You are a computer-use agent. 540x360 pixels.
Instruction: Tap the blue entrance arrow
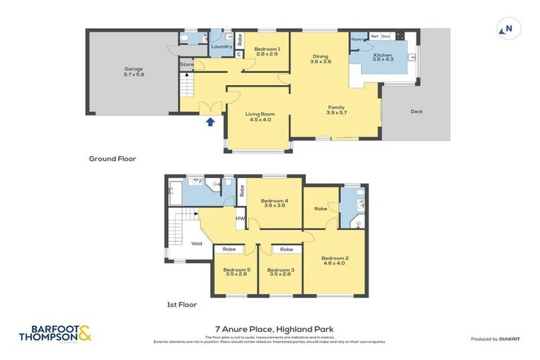click(210, 122)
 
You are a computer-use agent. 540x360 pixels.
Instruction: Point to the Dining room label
click(320, 58)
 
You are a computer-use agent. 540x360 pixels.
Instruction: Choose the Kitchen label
click(382, 57)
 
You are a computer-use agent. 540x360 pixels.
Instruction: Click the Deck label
click(418, 111)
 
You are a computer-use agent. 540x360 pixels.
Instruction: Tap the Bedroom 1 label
click(267, 51)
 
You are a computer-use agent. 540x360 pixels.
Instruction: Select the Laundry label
click(221, 47)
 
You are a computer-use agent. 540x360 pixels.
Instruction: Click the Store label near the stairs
click(187, 65)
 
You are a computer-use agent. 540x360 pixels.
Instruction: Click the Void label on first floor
click(197, 244)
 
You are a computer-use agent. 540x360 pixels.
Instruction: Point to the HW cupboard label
click(240, 218)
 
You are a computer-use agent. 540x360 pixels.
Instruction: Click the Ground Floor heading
click(112, 159)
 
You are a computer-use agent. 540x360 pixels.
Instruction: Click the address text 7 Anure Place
click(274, 328)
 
